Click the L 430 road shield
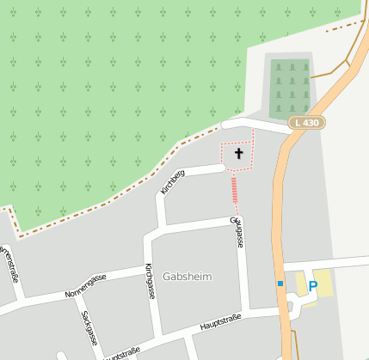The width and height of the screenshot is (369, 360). [x=305, y=123]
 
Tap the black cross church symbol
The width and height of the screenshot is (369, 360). [x=238, y=154]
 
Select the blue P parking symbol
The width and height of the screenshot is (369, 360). [x=313, y=285]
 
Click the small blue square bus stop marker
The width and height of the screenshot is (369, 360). [x=280, y=283]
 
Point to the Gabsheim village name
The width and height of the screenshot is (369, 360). [x=187, y=277]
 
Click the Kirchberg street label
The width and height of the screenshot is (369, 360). [x=173, y=181]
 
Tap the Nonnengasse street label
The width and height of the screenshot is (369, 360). [x=86, y=286]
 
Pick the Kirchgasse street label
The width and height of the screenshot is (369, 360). [x=150, y=280]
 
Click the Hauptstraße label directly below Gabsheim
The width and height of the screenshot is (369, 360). [x=220, y=322]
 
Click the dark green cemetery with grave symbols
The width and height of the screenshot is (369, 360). [x=290, y=88]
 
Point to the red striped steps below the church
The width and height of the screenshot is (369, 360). [x=234, y=190]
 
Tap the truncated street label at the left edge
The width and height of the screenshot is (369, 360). [x=9, y=263]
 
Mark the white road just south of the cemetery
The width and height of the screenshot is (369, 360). [x=258, y=125]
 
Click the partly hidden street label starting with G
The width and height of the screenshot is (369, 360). [x=238, y=232]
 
